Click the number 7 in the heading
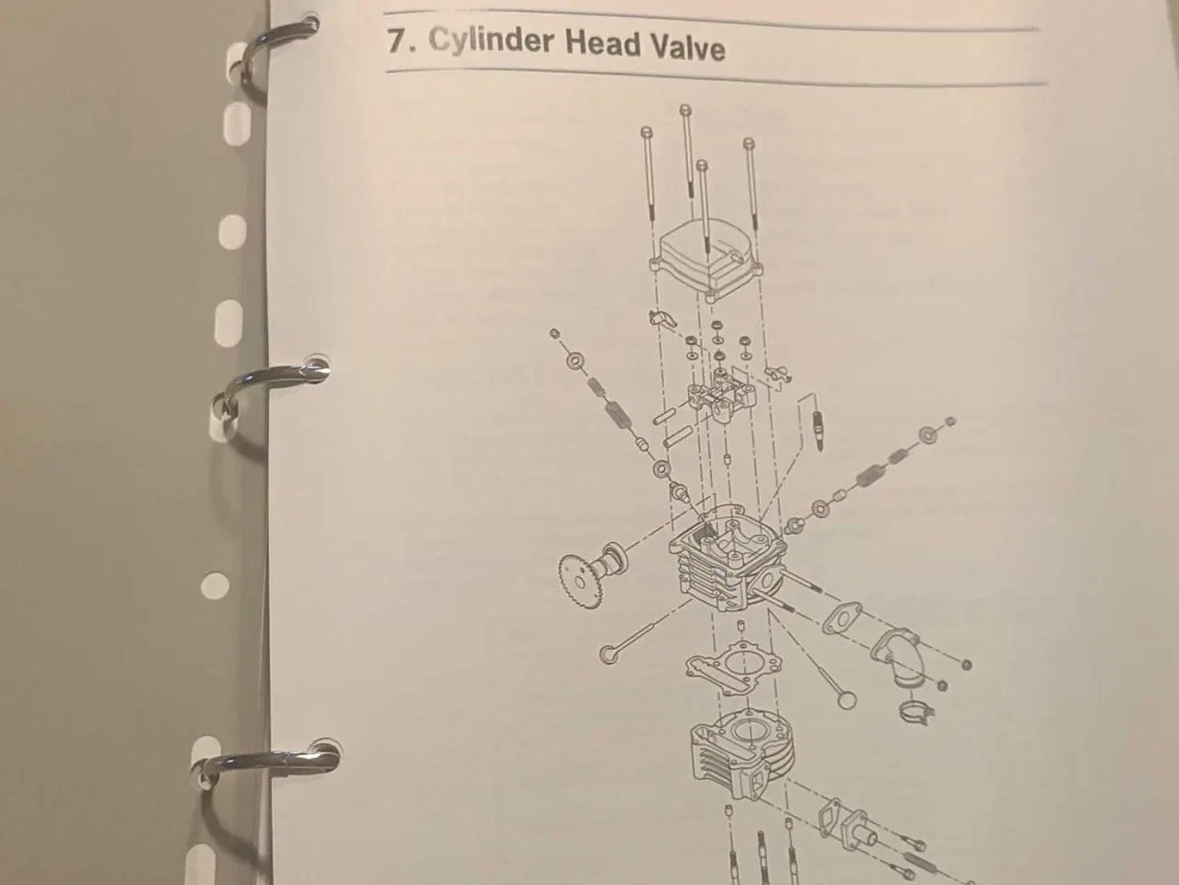coord(397,42)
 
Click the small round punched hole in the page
coord(216,584)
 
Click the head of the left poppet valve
coord(609,654)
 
